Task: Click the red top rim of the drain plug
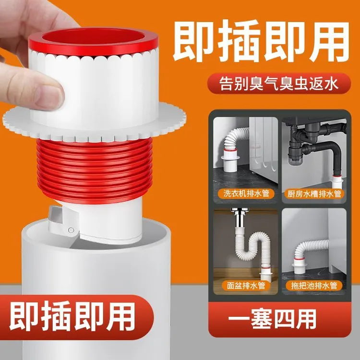click(93, 41)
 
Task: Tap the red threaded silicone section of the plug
click(94, 163)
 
